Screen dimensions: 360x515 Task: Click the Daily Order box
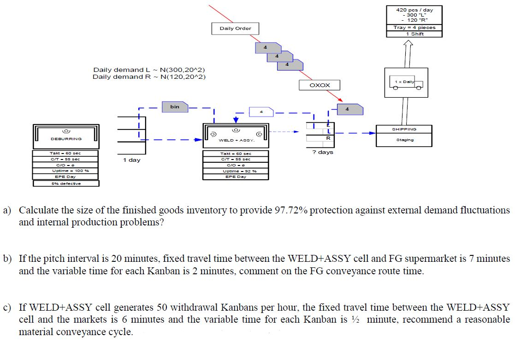(235, 29)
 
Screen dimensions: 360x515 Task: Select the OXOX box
(320, 85)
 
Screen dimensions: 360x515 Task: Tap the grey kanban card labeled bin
(175, 107)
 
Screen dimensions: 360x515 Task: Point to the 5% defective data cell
(66, 183)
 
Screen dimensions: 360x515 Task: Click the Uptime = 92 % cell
(236, 171)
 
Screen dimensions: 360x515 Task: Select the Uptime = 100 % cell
(66, 171)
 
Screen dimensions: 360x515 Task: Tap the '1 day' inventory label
(131, 160)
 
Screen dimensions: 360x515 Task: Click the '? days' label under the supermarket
(322, 152)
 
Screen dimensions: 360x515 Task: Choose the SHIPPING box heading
(404, 130)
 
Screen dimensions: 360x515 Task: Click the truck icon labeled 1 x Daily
(406, 83)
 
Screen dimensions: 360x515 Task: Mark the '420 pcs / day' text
(414, 10)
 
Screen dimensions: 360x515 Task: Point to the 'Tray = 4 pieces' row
(414, 28)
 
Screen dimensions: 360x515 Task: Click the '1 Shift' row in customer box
(414, 34)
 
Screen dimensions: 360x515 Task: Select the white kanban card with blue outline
(261, 112)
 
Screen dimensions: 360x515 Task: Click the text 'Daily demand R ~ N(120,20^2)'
(149, 77)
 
